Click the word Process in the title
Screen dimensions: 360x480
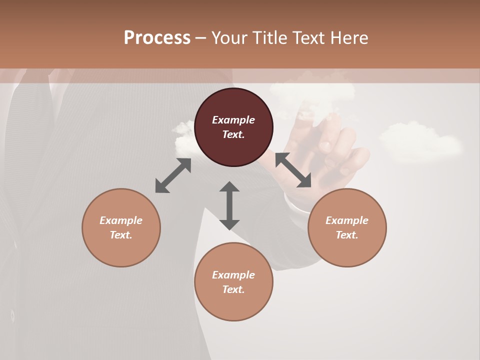[x=157, y=38]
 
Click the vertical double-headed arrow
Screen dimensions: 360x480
[x=229, y=206]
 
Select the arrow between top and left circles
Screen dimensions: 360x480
[x=173, y=175]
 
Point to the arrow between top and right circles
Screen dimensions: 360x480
[x=293, y=170]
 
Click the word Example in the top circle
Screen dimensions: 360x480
[x=233, y=120]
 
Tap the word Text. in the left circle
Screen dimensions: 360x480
[x=121, y=235]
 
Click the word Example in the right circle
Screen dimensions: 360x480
[x=347, y=220]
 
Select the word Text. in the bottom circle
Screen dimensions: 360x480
[x=233, y=289]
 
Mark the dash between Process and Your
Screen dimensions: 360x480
[x=201, y=38]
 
